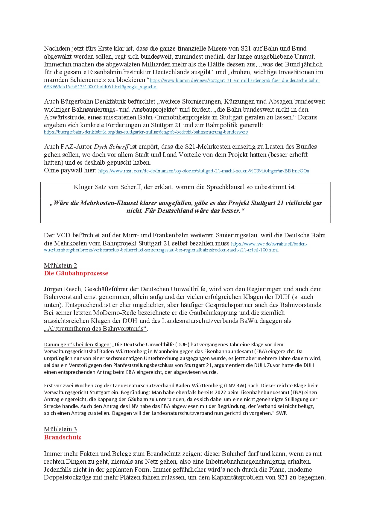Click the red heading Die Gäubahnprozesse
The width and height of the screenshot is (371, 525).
click(76, 273)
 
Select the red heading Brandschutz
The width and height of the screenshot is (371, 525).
click(62, 437)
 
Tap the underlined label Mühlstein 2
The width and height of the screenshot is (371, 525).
click(60, 265)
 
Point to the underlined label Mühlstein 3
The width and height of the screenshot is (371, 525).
click(60, 429)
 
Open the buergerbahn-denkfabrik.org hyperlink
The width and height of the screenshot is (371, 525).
click(146, 132)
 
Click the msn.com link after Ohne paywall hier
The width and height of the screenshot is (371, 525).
click(203, 171)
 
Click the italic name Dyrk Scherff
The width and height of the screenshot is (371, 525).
click(111, 147)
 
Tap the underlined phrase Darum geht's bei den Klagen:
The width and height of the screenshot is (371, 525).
click(77, 345)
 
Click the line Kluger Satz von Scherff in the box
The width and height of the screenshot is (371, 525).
click(185, 187)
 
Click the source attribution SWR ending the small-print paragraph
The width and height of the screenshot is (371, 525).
click(281, 413)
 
